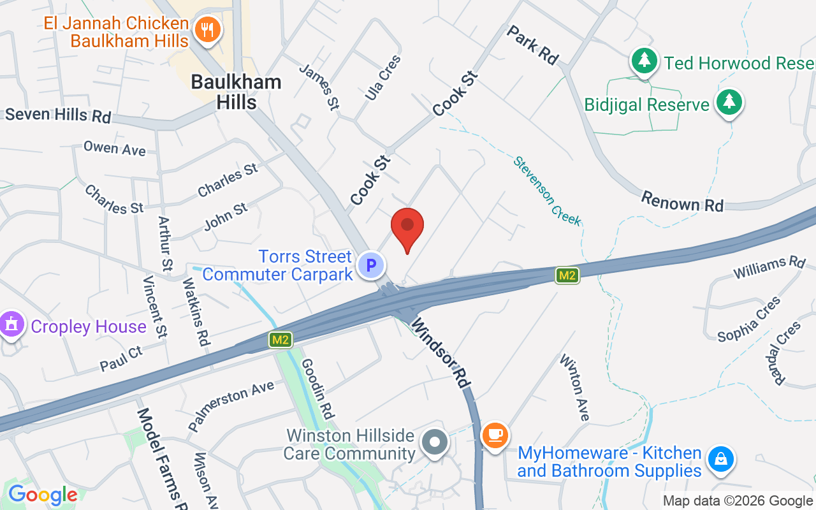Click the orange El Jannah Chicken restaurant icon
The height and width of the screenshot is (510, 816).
pyautogui.click(x=207, y=29)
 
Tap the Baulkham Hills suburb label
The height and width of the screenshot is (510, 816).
pyautogui.click(x=236, y=92)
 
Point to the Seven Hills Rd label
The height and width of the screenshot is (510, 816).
pyautogui.click(x=58, y=115)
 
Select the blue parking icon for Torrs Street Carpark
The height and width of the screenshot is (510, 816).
pyautogui.click(x=371, y=265)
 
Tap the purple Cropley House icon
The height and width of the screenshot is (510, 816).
pyautogui.click(x=11, y=326)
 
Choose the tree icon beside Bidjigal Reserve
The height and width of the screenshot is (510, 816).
pyautogui.click(x=729, y=103)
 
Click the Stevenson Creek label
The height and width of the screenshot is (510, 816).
pyautogui.click(x=548, y=191)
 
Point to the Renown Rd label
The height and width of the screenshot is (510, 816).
pyautogui.click(x=682, y=201)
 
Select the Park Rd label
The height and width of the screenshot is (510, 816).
pyautogui.click(x=533, y=45)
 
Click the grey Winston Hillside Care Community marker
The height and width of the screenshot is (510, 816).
pyautogui.click(x=435, y=441)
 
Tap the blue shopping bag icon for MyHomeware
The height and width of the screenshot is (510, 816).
pyautogui.click(x=721, y=458)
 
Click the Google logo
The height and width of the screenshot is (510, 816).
pyautogui.click(x=43, y=495)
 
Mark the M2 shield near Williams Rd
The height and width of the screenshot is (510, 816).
pyautogui.click(x=567, y=275)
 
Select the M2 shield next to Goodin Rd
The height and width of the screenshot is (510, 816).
pyautogui.click(x=280, y=340)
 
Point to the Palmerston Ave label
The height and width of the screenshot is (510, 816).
pyautogui.click(x=231, y=405)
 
